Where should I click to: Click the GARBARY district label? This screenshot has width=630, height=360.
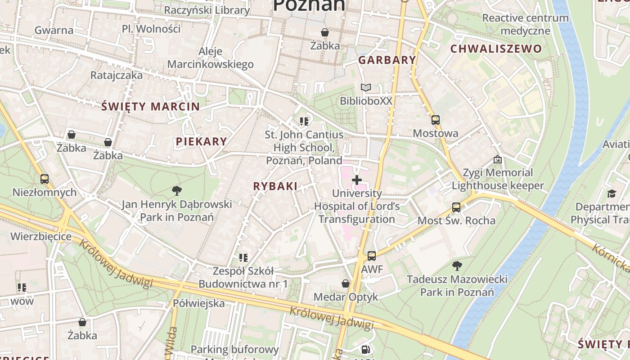click(x=387, y=60)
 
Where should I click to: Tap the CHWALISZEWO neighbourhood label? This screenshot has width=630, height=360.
click(x=496, y=49)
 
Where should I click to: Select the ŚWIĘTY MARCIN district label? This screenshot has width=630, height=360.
click(x=150, y=107)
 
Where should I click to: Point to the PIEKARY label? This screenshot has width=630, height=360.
click(x=201, y=141)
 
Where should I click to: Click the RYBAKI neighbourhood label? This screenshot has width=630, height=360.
click(x=275, y=186)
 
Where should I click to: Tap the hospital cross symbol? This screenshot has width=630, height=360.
click(x=357, y=180)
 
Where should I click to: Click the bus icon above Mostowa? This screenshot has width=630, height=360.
click(x=435, y=120)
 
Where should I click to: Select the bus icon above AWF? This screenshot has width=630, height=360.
click(x=371, y=256)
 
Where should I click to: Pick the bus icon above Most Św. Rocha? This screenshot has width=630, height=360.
click(x=456, y=207)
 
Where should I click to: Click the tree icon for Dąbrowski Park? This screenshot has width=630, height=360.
click(x=177, y=191)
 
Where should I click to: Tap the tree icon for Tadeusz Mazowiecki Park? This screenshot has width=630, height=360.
click(x=457, y=265)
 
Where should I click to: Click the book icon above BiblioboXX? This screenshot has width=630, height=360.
click(x=366, y=88)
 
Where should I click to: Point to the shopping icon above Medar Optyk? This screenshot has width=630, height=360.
click(x=346, y=283)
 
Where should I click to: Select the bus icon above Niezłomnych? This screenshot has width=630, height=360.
click(x=44, y=179)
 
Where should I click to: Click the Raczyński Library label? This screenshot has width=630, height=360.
click(x=207, y=10)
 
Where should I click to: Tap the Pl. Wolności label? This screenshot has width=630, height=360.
click(x=151, y=29)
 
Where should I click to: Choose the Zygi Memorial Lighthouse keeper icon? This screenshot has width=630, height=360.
click(x=498, y=159)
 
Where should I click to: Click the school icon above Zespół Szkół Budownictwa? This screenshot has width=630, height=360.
click(x=243, y=258)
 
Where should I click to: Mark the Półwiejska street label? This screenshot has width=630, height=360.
click(x=198, y=303)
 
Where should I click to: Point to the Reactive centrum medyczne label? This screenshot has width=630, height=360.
click(x=525, y=24)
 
